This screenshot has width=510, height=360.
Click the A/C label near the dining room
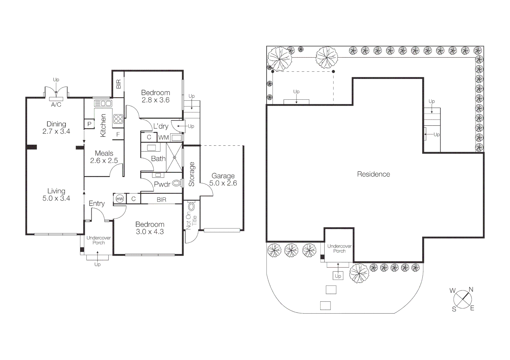point(56,105)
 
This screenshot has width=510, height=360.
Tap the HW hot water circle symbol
point(119,199)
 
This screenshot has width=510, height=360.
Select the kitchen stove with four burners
point(118,119)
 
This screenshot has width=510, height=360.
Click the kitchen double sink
point(103,103)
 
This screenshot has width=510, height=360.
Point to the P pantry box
point(89,124)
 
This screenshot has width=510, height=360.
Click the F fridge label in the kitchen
point(118,135)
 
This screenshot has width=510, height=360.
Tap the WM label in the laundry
point(163,137)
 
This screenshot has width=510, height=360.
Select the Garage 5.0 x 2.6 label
point(223,179)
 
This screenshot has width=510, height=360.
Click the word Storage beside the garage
point(191,174)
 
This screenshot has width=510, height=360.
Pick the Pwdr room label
point(162,184)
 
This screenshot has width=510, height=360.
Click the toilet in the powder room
point(177,183)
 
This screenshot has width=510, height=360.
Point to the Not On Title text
point(191,221)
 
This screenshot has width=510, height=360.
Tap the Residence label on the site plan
point(373,174)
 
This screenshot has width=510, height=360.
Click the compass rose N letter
point(471,289)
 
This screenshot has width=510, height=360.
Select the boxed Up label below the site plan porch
point(338,276)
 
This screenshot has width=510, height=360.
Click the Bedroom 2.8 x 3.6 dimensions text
point(155,100)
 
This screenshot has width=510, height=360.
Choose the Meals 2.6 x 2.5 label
point(104,157)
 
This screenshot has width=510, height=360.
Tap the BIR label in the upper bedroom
point(118,84)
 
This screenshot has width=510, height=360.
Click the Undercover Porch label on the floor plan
point(98,240)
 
